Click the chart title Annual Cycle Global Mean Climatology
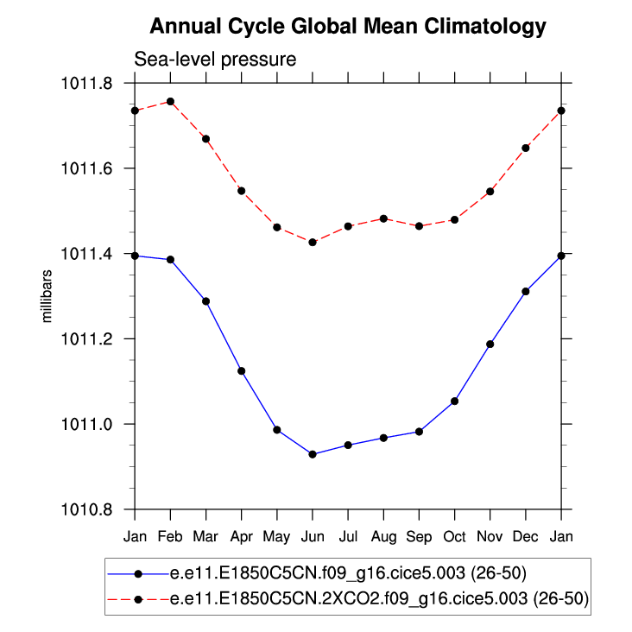[x=348, y=27]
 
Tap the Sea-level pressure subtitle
[x=215, y=60]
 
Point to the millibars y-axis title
[x=48, y=296]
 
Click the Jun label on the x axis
[x=313, y=536]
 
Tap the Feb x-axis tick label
[x=170, y=536]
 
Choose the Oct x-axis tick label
[x=455, y=536]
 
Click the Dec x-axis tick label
[x=526, y=536]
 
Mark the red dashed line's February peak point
[x=170, y=102]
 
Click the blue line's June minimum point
[x=313, y=454]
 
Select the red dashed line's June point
[x=313, y=243]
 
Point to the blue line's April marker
[x=242, y=371]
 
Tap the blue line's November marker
[x=490, y=344]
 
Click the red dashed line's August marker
[x=383, y=218]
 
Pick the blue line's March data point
[x=205, y=301]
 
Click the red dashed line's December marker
[x=526, y=148]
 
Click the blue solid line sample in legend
[x=138, y=572]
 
